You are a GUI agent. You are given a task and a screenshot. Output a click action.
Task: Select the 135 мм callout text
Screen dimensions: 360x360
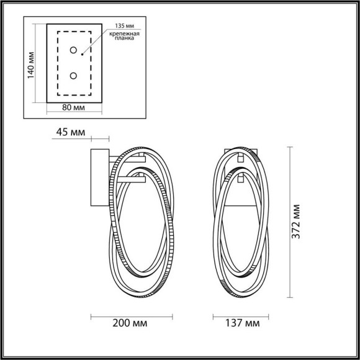[x=125, y=27]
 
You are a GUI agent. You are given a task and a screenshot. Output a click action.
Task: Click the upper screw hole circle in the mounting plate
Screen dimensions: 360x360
[x=73, y=50]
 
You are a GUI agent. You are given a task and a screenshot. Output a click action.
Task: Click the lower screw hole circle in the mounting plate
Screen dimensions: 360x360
[x=73, y=76]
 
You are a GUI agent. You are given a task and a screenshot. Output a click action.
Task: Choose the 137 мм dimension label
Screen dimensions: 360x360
[x=238, y=324]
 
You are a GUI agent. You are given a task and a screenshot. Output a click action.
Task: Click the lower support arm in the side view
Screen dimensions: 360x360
[x=129, y=180]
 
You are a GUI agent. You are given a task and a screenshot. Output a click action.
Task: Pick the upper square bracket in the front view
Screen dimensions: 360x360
[x=240, y=160]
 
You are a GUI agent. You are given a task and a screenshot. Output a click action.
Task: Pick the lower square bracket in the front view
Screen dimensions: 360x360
[x=240, y=179]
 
